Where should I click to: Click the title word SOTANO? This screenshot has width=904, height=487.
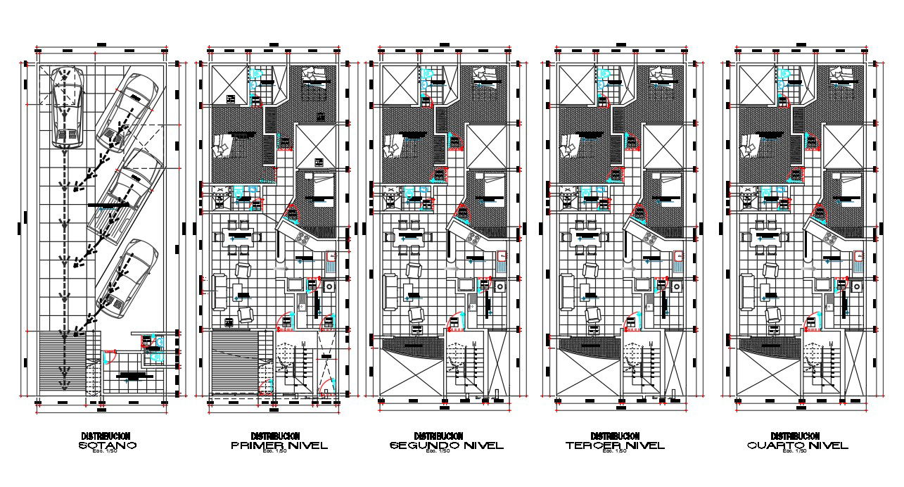pyautogui.click(x=107, y=445)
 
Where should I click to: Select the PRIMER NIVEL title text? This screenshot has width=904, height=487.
pyautogui.click(x=279, y=445)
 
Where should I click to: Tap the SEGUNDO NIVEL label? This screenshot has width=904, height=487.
pyautogui.click(x=447, y=445)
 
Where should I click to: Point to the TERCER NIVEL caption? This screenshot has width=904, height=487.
pyautogui.click(x=615, y=445)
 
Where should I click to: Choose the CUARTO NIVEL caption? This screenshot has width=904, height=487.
pyautogui.click(x=797, y=445)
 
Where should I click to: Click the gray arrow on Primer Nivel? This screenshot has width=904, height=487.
pyautogui.click(x=282, y=268)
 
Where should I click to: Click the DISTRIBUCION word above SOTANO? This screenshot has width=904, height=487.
pyautogui.click(x=106, y=436)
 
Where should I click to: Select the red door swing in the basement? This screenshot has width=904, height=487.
pyautogui.click(x=109, y=355)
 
